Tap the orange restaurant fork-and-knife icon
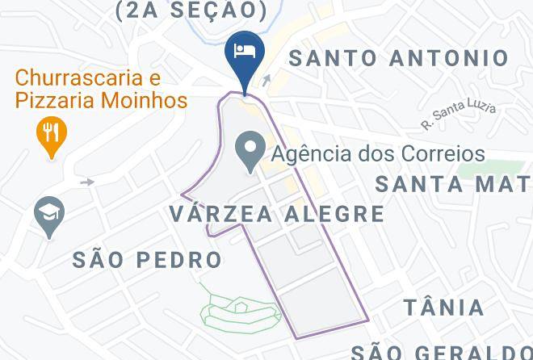(52, 134)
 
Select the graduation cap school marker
(49, 215)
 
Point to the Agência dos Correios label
(378, 153)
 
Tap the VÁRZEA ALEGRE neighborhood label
(278, 214)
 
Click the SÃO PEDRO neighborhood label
(147, 260)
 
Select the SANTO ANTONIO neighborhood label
(399, 58)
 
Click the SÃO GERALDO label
(441, 351)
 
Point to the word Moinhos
(148, 101)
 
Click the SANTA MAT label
(453, 184)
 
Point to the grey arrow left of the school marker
(86, 182)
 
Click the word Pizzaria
(57, 101)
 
